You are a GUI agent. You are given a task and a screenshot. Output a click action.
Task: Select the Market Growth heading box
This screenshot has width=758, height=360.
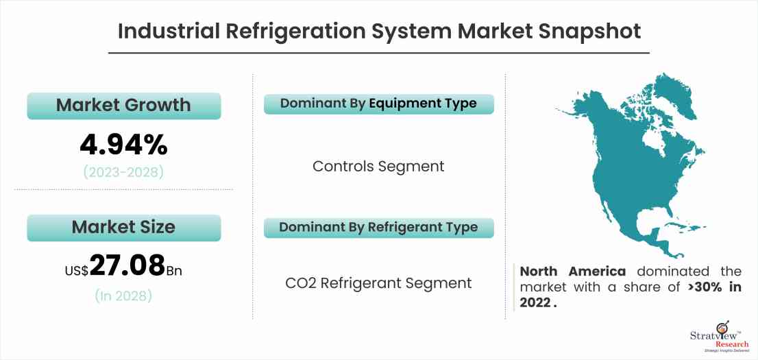124,106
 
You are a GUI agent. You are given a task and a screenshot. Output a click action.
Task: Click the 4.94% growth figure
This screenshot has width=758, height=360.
124,145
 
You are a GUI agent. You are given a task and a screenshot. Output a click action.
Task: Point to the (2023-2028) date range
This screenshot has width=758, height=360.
124,172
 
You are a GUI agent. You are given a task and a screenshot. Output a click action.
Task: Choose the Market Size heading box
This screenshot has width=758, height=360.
124,228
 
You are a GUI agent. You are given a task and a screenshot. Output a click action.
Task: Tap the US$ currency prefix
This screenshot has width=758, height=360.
77,270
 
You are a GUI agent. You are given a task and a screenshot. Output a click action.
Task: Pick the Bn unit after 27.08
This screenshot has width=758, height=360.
175,270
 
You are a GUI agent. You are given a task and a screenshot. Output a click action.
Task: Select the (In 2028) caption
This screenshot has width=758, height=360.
124,295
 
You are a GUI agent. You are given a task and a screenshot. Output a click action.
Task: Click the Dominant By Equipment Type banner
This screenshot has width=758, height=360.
379,104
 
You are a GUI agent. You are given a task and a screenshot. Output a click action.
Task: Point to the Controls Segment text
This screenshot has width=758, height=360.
378,166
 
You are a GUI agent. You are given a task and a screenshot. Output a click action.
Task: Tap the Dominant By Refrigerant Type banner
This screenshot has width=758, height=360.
379,228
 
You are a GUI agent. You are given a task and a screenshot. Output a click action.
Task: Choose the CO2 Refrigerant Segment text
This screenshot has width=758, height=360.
378,283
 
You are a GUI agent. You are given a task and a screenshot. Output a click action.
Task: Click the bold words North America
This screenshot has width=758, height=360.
573,272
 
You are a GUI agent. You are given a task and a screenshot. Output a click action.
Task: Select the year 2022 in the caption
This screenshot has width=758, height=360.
535,303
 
